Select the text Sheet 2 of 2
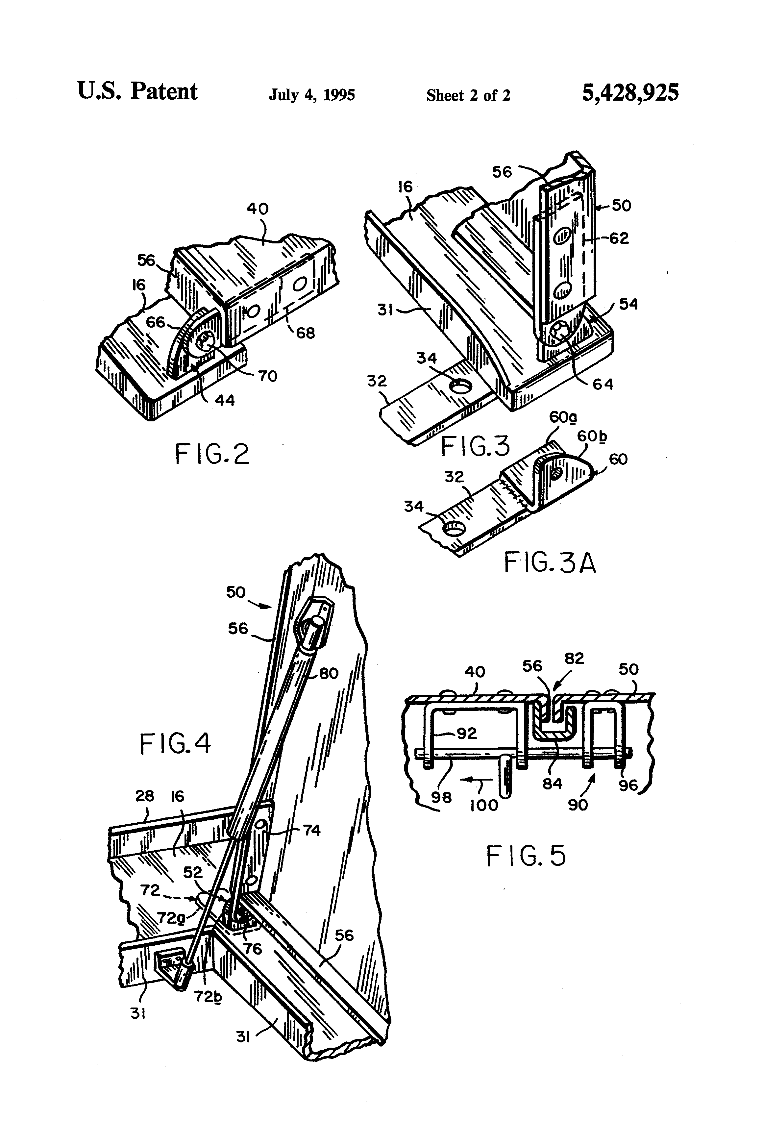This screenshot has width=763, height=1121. pos(468,95)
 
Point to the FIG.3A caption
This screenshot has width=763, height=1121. pos(550,562)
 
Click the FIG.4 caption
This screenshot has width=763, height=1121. pos(176,743)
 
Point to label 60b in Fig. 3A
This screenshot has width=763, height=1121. pos(592,436)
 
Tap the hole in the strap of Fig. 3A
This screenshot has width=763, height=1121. pos(454,528)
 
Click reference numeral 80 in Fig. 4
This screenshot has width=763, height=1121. pos(329,673)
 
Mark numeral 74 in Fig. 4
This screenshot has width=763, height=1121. pos(311,830)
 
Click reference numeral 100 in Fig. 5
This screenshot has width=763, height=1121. pos(484,805)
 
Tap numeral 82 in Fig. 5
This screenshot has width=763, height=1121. pos(574,659)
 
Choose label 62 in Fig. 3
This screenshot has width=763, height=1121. pos(619,238)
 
